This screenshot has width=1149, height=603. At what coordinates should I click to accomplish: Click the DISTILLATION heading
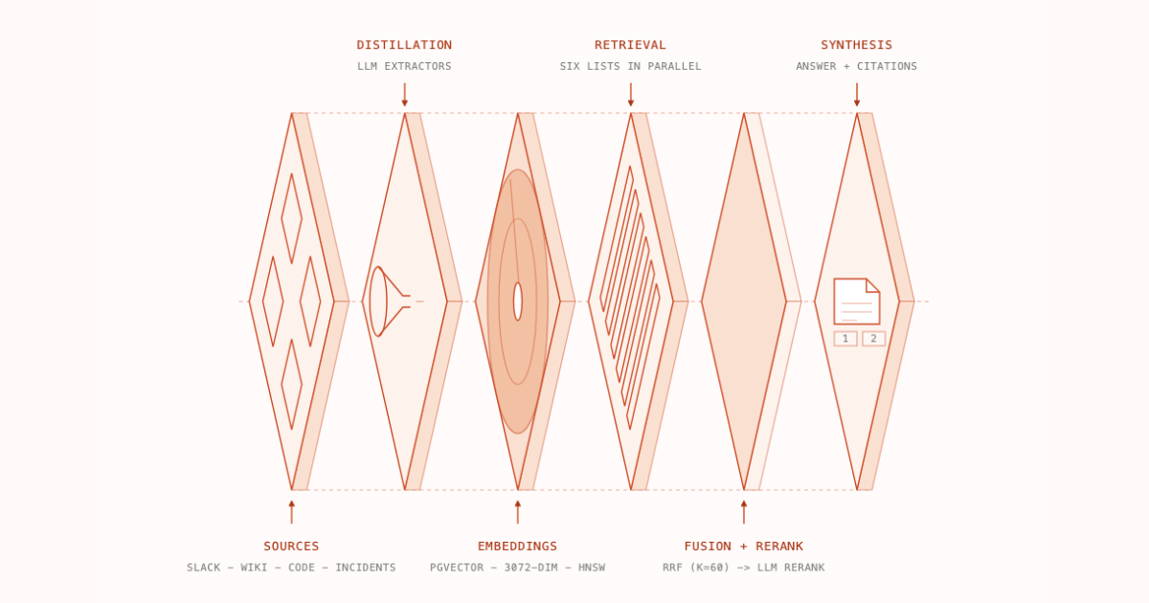[x=404, y=45]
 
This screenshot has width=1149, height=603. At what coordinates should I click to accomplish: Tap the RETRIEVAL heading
[x=630, y=45]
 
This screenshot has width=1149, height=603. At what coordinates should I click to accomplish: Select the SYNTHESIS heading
[x=857, y=45]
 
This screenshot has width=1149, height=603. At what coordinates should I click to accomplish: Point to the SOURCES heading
[x=291, y=547]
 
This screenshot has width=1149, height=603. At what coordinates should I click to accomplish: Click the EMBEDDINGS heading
[x=518, y=547]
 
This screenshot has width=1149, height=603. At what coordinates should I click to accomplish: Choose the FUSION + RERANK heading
[x=744, y=547]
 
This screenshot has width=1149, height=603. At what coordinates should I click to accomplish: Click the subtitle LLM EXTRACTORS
[x=404, y=66]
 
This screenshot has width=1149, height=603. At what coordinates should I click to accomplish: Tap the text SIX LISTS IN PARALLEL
[x=630, y=66]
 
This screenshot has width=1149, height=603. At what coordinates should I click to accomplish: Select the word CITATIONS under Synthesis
[x=887, y=66]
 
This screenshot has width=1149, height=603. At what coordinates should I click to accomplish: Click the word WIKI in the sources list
[x=254, y=568]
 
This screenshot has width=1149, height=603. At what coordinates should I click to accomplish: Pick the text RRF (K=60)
[x=696, y=568]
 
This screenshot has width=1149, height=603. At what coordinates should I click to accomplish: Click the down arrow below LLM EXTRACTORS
[x=405, y=95]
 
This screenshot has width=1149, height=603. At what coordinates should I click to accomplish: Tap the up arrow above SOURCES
[x=291, y=512]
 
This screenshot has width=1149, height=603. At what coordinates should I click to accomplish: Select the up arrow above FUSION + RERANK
[x=744, y=512]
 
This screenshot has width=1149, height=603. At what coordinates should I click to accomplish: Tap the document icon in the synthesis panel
[x=857, y=301]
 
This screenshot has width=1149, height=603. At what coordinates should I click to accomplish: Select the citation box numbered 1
[x=845, y=339]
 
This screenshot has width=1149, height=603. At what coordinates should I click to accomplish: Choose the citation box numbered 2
[x=873, y=339]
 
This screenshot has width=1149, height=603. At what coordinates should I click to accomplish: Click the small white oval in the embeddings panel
[x=518, y=301]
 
